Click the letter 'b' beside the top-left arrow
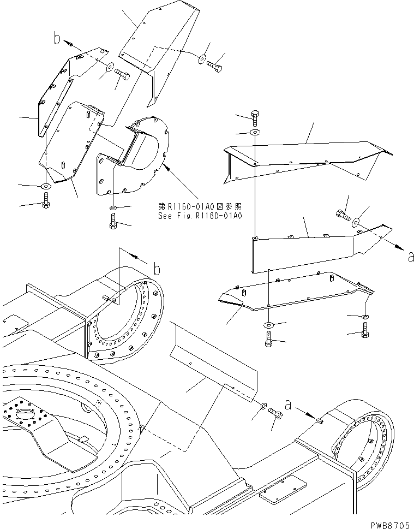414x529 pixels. point(57,39)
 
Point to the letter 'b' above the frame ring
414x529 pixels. point(156,269)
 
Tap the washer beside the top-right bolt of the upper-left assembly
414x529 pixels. point(202,58)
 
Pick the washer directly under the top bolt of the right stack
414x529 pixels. point(255,133)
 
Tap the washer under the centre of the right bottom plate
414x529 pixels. point(269,325)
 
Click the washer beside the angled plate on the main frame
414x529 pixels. point(263,407)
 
